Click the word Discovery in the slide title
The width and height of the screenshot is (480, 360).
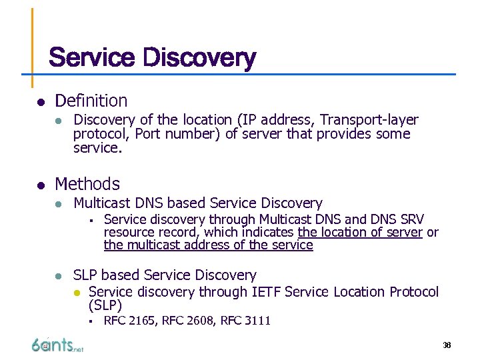click(199, 58)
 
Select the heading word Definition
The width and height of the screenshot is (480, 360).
click(91, 101)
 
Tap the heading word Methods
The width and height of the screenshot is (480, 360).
click(87, 184)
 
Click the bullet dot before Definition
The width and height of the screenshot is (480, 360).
click(41, 102)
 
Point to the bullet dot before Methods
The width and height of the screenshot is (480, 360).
click(41, 185)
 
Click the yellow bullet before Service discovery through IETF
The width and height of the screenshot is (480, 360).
click(77, 293)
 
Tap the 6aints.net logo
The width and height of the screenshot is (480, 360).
click(57, 345)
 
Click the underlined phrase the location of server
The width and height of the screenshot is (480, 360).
click(360, 232)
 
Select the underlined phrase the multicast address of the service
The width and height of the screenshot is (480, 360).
click(208, 245)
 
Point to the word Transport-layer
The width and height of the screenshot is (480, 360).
click(369, 120)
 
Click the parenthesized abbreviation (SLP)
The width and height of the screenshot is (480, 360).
click(105, 306)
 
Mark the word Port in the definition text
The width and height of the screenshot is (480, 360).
click(149, 134)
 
